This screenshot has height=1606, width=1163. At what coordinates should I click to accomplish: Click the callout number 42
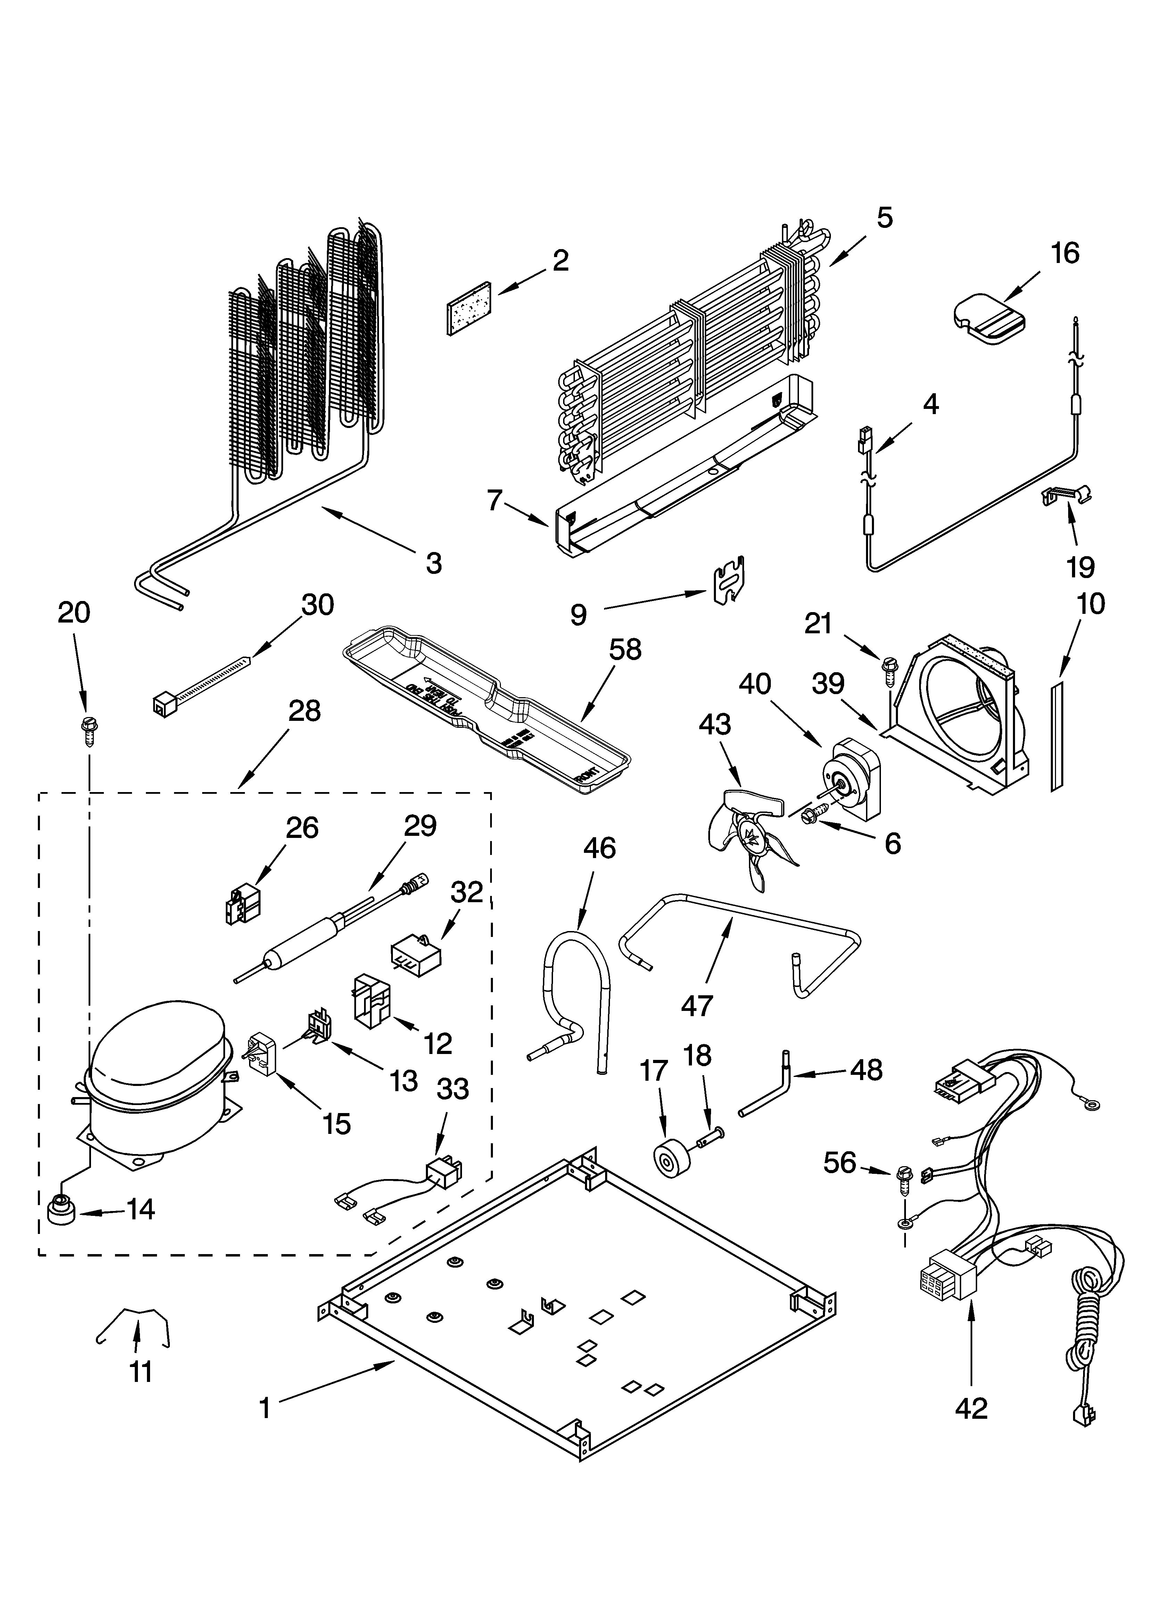[971, 1408]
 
